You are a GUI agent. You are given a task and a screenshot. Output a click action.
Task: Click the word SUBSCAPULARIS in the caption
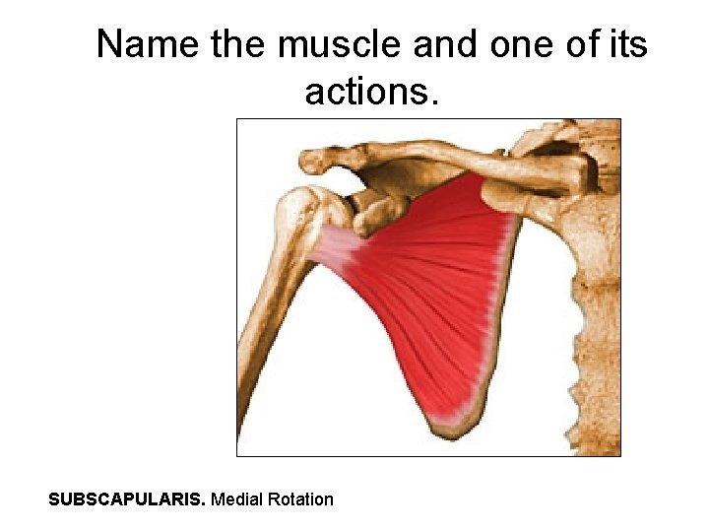[x=127, y=499]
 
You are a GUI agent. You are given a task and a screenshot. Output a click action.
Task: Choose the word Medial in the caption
[x=239, y=499]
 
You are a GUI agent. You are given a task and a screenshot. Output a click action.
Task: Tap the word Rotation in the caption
[x=303, y=499]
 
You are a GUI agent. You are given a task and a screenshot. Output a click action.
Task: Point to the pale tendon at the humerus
[x=335, y=251]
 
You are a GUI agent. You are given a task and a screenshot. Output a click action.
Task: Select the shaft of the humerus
[x=264, y=325]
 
